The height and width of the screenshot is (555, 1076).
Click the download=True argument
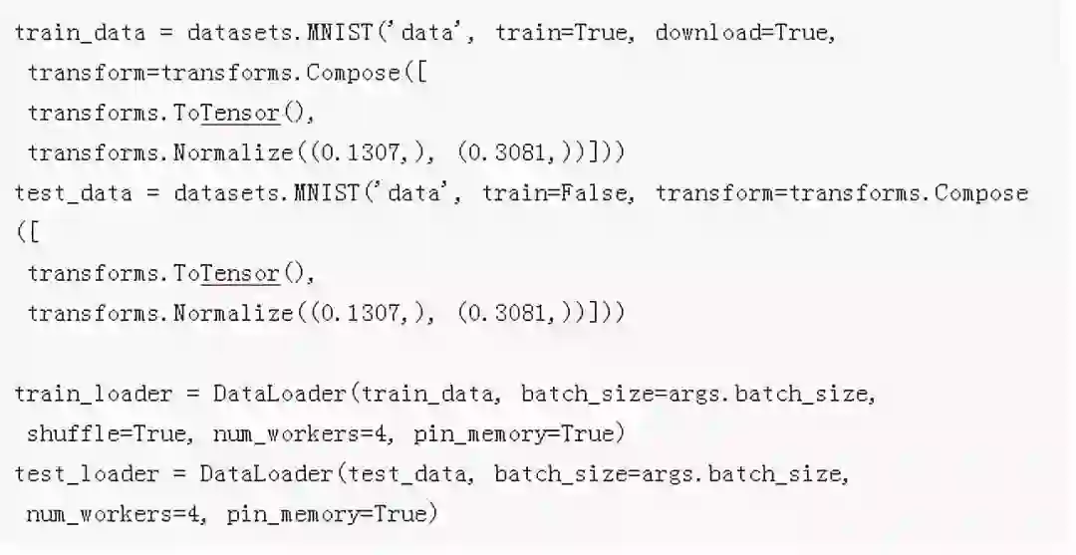(x=744, y=32)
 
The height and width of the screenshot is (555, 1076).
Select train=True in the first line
(x=562, y=32)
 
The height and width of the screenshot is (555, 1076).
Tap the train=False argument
(x=557, y=192)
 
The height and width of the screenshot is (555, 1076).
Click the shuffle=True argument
(x=106, y=433)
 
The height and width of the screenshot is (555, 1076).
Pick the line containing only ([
(x=27, y=233)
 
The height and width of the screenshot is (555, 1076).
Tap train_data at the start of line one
(x=80, y=32)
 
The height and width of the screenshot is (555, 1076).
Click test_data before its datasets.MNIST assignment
(x=74, y=192)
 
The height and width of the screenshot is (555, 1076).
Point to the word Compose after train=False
(x=981, y=192)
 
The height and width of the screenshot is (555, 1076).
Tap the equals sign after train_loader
(x=192, y=394)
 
